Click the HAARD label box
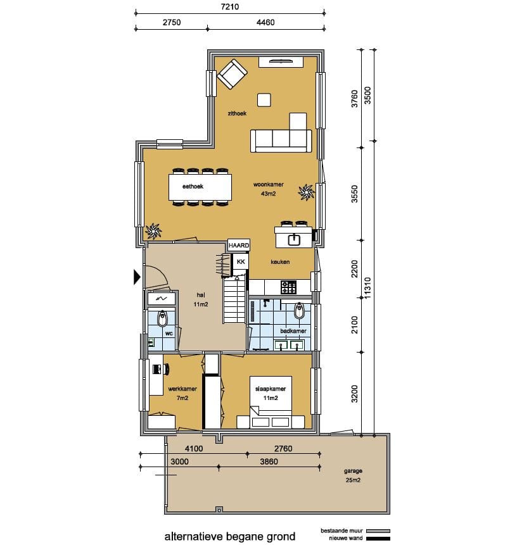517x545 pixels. coord(239,245)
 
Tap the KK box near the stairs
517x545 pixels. coord(241,261)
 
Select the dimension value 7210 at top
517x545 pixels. coord(230,6)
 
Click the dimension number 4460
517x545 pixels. coord(265,22)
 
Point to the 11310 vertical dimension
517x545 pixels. coord(367,288)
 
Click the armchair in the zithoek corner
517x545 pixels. coord(232,74)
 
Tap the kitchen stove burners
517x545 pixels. coord(288,287)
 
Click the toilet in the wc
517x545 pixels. coord(162,318)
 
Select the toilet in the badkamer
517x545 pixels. coord(299,311)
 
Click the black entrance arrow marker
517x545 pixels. coord(137,277)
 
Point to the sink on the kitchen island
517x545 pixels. coord(294,239)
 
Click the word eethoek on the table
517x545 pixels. coord(193,186)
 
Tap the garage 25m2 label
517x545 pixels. coord(353,475)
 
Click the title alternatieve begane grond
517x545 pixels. coord(230,536)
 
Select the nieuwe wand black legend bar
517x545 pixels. coord(378,539)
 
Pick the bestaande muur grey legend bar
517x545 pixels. coord(378,531)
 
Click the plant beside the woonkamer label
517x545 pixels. coord(306,192)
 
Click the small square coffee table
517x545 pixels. coord(264,100)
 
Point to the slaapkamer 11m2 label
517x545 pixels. coord(271,394)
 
